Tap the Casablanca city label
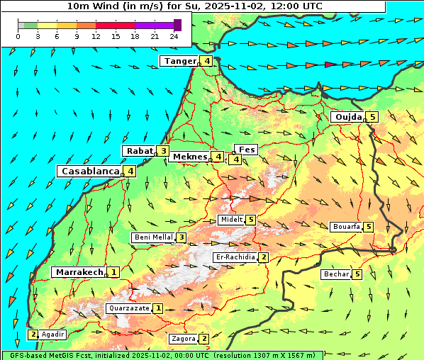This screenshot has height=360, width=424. pos(89,171)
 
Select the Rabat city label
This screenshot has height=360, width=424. pos(139,151)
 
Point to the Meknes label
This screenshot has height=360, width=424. pos(189,157)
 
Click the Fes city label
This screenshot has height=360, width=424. pos(246,150)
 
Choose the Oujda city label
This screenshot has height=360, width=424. pos(348,117)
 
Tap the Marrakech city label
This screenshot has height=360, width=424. pos(79,272)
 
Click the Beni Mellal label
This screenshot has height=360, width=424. pos(153,237)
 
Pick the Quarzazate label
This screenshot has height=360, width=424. pos(128,308)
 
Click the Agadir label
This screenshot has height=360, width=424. pos(53,334)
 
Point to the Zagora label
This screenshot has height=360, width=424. pos(182,339)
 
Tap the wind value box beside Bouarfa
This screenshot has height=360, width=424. pos(368,227)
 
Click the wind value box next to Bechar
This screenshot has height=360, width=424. pos(357,274)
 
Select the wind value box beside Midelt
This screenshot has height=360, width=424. pos(250,220)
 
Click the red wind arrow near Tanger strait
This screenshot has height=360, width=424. pos(331,64)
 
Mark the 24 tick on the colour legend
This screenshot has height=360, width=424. pos(174,36)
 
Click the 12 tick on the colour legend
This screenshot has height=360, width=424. pos(96,36)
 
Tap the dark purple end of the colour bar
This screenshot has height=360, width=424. pos(177,25)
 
